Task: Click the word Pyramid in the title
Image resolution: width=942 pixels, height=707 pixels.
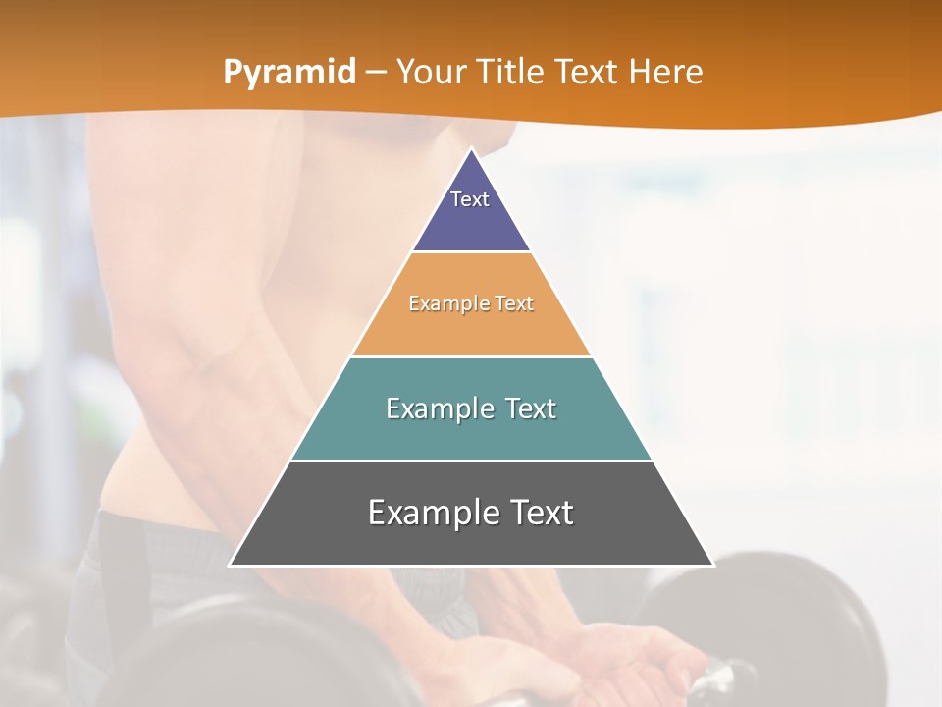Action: click(x=288, y=73)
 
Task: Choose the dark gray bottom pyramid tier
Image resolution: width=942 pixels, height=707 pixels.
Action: click(x=471, y=540)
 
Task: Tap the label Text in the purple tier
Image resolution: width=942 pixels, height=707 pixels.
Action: click(x=470, y=199)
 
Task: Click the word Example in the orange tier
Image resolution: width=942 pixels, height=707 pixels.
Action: click(x=440, y=303)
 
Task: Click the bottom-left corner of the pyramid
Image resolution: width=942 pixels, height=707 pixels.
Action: click(x=231, y=565)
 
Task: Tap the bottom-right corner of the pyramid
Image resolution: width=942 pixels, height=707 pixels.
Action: click(x=712, y=565)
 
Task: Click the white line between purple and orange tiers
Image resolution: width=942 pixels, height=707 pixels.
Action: click(x=471, y=252)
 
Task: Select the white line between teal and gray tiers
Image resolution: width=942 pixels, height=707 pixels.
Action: click(x=471, y=461)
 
